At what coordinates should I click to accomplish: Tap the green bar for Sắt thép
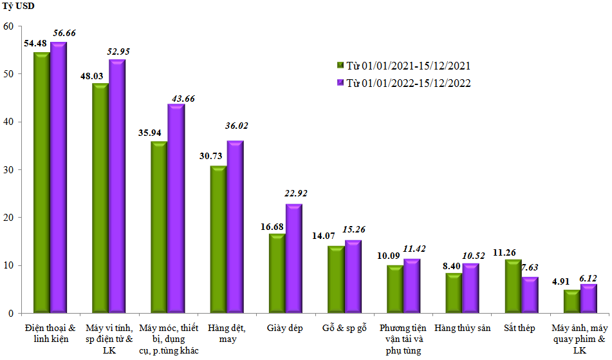point(513,287)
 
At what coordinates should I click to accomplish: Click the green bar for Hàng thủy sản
point(454,294)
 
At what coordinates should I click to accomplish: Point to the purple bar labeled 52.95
point(117,187)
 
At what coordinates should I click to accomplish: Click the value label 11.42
point(412,248)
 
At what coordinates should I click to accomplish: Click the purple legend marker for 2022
point(341,83)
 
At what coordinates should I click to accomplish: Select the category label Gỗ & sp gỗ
point(344,328)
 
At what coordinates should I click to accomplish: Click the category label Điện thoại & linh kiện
point(49,333)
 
